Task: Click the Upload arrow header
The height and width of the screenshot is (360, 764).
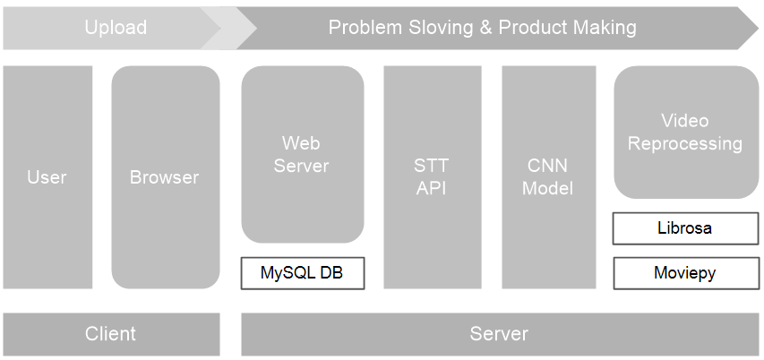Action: click(115, 28)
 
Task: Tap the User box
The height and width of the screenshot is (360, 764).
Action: click(47, 177)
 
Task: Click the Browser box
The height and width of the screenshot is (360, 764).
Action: click(165, 177)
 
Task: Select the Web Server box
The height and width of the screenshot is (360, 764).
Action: click(302, 154)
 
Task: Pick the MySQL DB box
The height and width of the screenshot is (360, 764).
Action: click(302, 273)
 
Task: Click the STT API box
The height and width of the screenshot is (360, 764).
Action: click(431, 177)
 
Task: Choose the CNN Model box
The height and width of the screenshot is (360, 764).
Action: click(547, 177)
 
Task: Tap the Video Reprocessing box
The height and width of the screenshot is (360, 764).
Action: click(685, 133)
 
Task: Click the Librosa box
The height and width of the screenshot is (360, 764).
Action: click(685, 228)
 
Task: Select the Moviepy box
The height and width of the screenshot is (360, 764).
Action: click(685, 273)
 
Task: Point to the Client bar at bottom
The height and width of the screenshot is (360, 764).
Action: click(110, 334)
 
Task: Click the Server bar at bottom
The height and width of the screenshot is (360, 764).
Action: click(499, 334)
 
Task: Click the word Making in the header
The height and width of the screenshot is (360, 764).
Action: click(607, 28)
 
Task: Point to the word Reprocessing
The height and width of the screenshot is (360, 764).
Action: click(685, 143)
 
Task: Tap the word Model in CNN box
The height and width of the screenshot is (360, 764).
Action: click(547, 189)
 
